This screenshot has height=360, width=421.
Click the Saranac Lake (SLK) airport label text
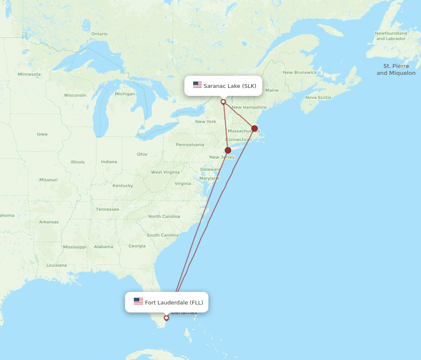point(230,86)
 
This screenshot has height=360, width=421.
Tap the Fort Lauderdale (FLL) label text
point(174,302)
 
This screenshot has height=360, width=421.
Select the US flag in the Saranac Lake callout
point(197,85)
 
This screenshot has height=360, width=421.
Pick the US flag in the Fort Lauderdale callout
point(139,301)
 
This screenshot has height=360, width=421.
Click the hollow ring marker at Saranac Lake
point(223,102)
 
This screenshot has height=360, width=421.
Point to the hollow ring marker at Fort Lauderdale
point(166,318)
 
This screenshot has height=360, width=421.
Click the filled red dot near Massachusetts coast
point(254,128)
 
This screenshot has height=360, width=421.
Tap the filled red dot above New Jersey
point(228,150)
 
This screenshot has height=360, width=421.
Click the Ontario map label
point(99,34)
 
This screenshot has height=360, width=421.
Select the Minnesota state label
point(29,74)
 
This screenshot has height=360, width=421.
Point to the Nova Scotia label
point(318,98)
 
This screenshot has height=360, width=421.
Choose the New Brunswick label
point(300,72)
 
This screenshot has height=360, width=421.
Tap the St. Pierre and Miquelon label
point(396,69)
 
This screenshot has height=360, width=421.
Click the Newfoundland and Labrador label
point(391,36)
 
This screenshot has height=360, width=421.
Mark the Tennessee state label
point(107,209)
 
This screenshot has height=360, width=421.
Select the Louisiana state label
point(56,265)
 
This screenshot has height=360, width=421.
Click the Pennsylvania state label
point(190,145)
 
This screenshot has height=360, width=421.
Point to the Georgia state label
point(137,246)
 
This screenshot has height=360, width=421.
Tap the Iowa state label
point(42,134)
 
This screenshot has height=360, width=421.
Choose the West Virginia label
point(165,172)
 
